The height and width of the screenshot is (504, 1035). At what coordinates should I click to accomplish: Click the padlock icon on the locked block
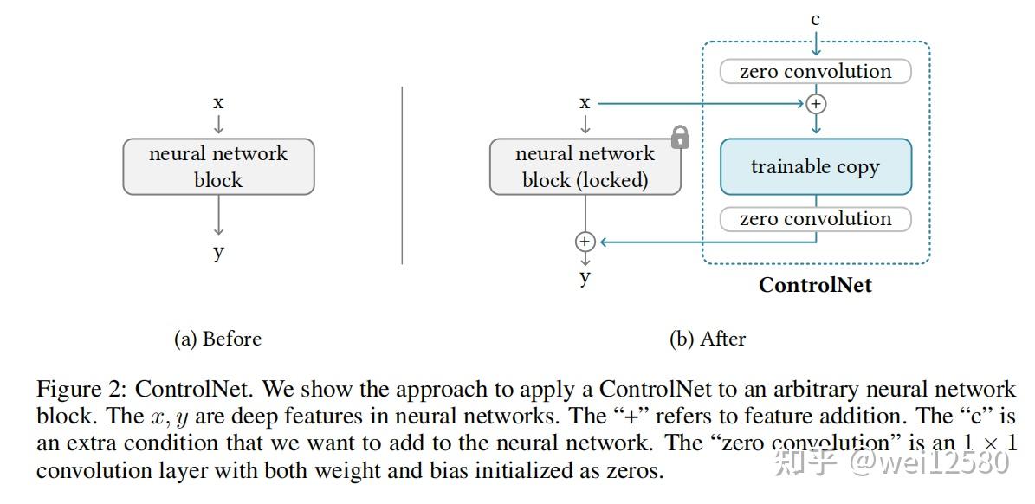(x=680, y=137)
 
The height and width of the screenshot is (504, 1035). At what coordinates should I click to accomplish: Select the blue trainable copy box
(x=815, y=166)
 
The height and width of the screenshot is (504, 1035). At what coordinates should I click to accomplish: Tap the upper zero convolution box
(x=815, y=71)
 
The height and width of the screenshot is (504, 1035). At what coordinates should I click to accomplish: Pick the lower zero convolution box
(x=815, y=219)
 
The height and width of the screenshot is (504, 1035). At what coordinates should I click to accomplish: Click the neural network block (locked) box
(x=585, y=166)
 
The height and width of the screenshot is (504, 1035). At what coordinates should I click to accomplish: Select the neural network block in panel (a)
(x=218, y=166)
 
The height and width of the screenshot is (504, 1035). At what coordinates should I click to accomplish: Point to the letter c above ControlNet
(x=815, y=19)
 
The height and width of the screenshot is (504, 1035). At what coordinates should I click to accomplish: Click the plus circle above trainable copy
(x=815, y=104)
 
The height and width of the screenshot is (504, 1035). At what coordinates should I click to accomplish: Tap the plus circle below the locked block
(x=585, y=242)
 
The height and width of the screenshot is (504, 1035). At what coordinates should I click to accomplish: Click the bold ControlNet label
(x=815, y=285)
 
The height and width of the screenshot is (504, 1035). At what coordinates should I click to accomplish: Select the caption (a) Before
(x=217, y=339)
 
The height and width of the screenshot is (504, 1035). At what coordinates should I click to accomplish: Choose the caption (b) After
(x=707, y=339)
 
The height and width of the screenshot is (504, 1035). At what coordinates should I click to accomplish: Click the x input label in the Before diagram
(x=218, y=102)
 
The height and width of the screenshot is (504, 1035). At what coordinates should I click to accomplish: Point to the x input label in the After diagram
(x=585, y=103)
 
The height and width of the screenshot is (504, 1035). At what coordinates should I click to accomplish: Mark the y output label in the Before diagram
(x=218, y=252)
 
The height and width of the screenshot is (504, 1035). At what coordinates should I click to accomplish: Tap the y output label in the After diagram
(x=585, y=277)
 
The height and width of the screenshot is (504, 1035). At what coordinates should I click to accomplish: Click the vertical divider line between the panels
(x=403, y=173)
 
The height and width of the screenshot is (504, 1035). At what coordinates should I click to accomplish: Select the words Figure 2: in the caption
(x=81, y=389)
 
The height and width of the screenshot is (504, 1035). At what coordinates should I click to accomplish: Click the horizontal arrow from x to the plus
(x=702, y=104)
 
